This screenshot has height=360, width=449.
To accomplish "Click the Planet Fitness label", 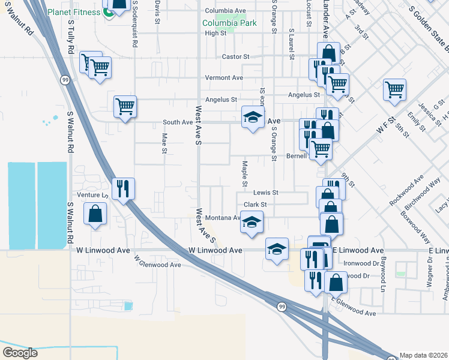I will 75,12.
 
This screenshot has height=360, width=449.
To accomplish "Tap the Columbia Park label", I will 229,23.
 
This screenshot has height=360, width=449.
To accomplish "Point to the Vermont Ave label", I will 224,78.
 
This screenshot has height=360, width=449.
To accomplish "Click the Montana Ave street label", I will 222,218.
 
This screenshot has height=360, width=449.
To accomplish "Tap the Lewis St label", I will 266,193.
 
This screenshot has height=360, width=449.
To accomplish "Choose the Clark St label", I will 255,205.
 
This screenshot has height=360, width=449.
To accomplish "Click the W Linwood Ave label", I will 215,250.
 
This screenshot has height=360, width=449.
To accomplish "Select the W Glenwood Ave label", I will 157,262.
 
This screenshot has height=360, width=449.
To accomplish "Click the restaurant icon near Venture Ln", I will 122,188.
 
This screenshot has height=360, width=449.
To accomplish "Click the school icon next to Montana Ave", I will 252,222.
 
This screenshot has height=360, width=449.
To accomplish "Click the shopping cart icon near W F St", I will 394,90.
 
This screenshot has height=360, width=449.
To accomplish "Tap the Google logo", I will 20,353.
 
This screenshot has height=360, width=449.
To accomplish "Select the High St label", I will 215,34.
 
